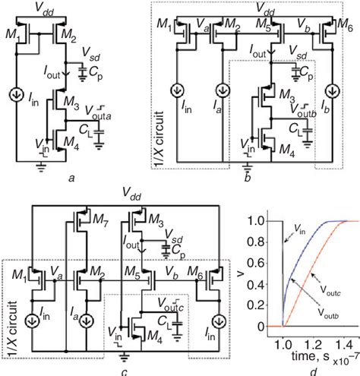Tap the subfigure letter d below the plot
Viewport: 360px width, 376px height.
click(304, 368)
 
